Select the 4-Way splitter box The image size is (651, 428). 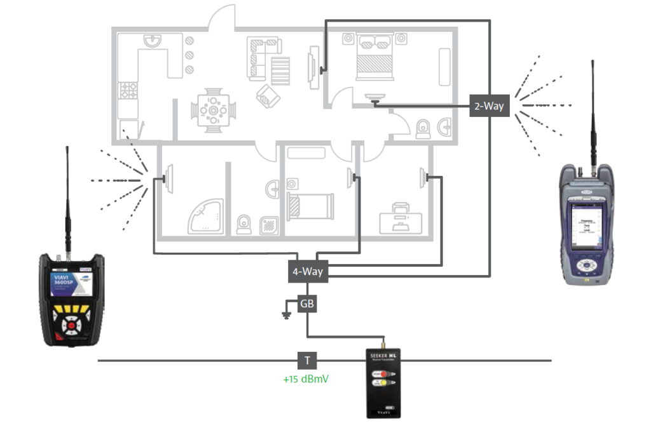click(308, 272)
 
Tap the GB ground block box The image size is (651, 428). click(308, 304)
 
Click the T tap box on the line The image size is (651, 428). click(307, 361)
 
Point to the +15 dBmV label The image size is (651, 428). click(308, 380)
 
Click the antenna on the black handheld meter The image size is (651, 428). click(66, 197)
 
